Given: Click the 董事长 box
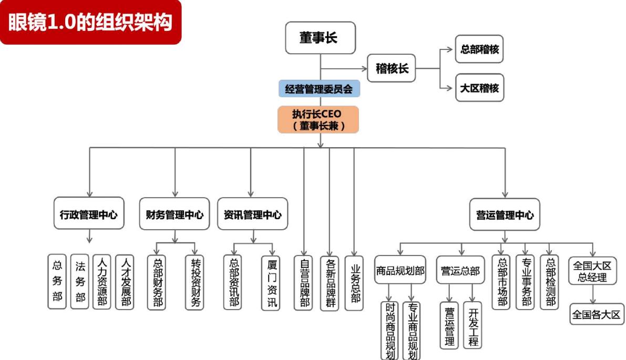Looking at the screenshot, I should pyautogui.click(x=320, y=38).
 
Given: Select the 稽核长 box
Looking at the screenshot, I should pyautogui.click(x=391, y=68).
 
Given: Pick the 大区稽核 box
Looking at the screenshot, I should pyautogui.click(x=479, y=88).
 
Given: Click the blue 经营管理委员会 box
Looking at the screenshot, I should pyautogui.click(x=319, y=89).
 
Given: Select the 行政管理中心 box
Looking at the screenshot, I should pyautogui.click(x=89, y=214).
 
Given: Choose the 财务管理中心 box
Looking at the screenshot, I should pyautogui.click(x=175, y=214).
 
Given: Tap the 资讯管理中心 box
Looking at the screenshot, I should pyautogui.click(x=252, y=214).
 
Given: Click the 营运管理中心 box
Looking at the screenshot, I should pyautogui.click(x=505, y=214).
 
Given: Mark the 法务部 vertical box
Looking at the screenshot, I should pyautogui.click(x=79, y=282).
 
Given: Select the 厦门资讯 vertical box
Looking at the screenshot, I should pyautogui.click(x=271, y=282).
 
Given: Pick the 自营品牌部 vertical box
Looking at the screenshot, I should pyautogui.click(x=303, y=282).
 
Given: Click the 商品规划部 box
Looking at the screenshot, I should pyautogui.click(x=400, y=270).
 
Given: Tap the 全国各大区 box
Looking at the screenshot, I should pyautogui.click(x=597, y=314).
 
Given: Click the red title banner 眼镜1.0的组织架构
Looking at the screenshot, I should pyautogui.click(x=90, y=22).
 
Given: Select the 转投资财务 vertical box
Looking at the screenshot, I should pyautogui.click(x=194, y=282).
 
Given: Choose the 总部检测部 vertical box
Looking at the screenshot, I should pyautogui.click(x=550, y=282).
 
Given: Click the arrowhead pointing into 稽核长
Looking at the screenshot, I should pyautogui.click(x=364, y=68).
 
